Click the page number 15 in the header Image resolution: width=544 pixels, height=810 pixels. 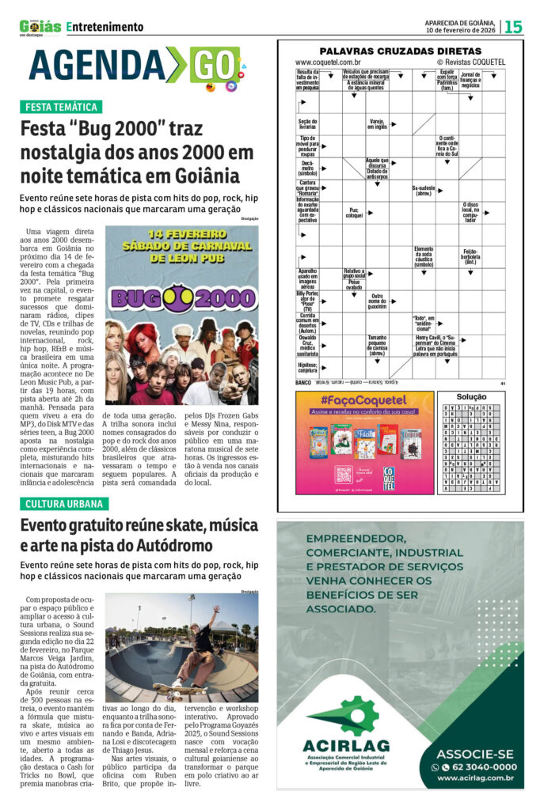coord(513,27)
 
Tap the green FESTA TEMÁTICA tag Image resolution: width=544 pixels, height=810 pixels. coord(61,107)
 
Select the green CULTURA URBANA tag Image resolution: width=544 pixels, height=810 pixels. coord(63,504)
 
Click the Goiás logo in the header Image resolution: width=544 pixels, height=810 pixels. coord(40,26)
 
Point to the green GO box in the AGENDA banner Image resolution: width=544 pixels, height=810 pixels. coord(214,65)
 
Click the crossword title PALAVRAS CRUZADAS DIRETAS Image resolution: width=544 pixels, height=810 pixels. coord(401,51)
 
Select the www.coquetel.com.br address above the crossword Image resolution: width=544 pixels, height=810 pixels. coord(329,62)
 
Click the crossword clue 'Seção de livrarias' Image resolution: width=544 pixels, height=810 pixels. coord(307,124)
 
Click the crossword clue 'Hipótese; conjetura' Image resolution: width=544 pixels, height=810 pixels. coord(307,367)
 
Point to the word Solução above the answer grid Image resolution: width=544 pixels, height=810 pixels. coord(472,396)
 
